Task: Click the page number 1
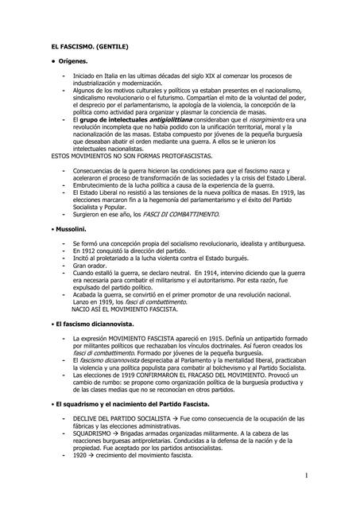click(328, 475)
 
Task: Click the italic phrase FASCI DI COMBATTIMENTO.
click(181, 215)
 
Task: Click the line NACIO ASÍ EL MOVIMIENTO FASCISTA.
click(126, 310)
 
